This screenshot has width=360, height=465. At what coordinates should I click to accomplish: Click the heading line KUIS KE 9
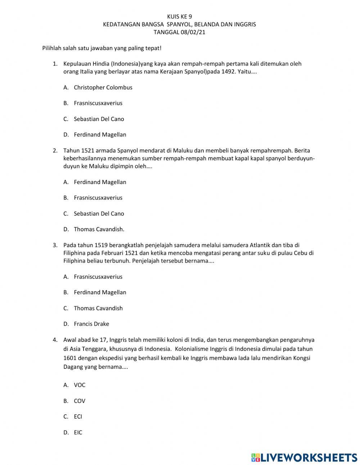(180, 17)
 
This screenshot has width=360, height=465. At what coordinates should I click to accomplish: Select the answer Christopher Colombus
(103, 88)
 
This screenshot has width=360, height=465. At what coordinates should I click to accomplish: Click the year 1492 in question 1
(229, 72)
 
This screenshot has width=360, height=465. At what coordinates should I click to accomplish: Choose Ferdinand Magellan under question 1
(100, 135)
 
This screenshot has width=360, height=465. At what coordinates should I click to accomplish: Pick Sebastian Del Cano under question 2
(99, 214)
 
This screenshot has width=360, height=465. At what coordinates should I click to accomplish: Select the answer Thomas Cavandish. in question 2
(99, 229)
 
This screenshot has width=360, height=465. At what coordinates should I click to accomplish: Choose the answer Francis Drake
(91, 324)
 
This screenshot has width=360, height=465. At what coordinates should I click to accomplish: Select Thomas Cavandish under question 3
(98, 308)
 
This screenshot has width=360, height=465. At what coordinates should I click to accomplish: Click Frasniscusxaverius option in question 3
(98, 277)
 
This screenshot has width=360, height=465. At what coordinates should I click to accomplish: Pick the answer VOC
(80, 385)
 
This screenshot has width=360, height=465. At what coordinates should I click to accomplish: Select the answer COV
(80, 401)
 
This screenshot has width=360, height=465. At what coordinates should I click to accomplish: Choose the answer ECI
(78, 417)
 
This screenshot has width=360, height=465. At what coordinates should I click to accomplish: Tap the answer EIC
(78, 433)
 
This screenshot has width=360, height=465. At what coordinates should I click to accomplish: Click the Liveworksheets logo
(304, 457)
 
